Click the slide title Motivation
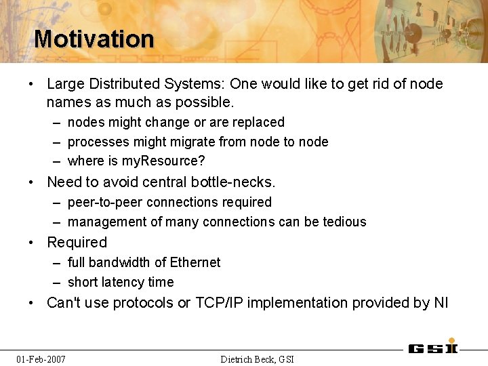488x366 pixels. coord(94,39)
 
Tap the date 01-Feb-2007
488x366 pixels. coord(41,359)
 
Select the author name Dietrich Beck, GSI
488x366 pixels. coord(258,359)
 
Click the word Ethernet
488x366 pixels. coord(195,262)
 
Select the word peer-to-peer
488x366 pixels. coord(105,203)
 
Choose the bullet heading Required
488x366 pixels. coord(77,242)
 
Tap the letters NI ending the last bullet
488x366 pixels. coord(441,302)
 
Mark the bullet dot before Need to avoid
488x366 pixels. coord(31,182)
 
